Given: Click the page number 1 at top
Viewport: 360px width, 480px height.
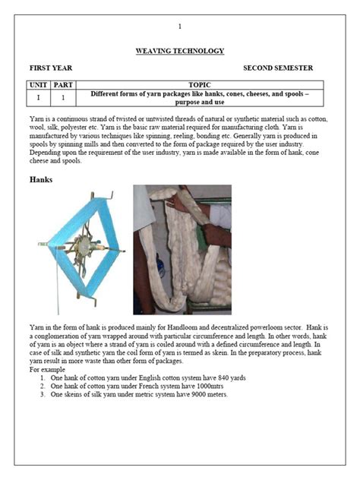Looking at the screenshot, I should pyautogui.click(x=180, y=27).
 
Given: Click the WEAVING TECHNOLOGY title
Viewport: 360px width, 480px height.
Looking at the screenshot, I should pyautogui.click(x=180, y=51).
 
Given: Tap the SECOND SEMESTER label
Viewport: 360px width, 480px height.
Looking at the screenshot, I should pyautogui.click(x=277, y=68).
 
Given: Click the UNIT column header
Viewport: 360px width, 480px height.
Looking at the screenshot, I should pyautogui.click(x=38, y=85).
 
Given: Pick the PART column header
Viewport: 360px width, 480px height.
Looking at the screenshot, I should pyautogui.click(x=63, y=85).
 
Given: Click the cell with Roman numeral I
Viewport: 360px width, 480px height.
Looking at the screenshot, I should pyautogui.click(x=38, y=98).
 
